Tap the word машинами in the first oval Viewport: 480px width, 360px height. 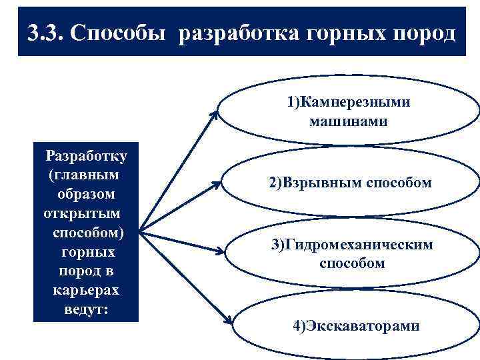coord(348,121)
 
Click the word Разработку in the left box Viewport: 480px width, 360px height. coord(87,157)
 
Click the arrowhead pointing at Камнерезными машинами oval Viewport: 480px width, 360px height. coord(214,115)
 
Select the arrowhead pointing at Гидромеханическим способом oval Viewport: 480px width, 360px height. coord(217,252)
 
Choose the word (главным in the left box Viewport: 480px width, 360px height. coord(85,175)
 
